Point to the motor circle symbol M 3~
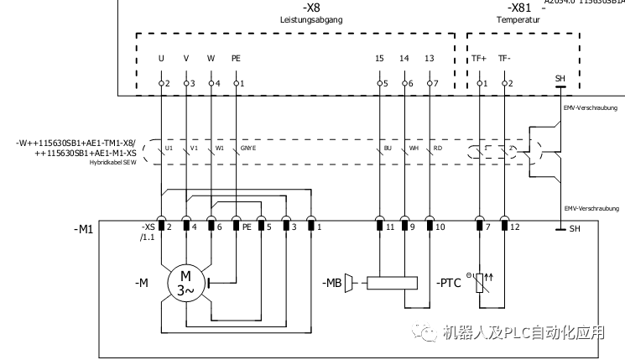click(185, 283)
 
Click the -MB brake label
click(332, 283)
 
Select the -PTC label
click(451, 283)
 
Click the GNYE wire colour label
click(249, 148)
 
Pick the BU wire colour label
click(388, 148)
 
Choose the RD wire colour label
click(438, 148)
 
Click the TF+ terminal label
click(478, 59)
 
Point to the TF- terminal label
click(503, 59)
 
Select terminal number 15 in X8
click(379, 59)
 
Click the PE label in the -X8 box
click(236, 59)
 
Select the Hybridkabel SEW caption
click(112, 163)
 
